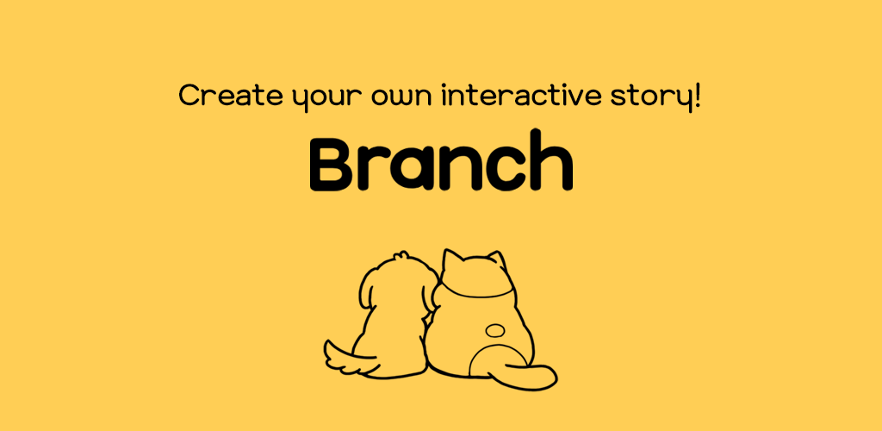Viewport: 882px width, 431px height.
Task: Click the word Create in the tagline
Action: pyautogui.click(x=231, y=95)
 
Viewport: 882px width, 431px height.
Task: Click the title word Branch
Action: pyautogui.click(x=442, y=161)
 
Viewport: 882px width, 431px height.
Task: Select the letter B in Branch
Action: pyautogui.click(x=333, y=163)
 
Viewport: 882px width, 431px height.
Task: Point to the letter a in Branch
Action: pyautogui.click(x=417, y=169)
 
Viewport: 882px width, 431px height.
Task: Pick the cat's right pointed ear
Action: pyautogui.click(x=495, y=262)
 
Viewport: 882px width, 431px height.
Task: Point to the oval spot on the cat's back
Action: pyautogui.click(x=495, y=330)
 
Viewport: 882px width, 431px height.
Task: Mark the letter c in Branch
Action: pyautogui.click(x=501, y=169)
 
